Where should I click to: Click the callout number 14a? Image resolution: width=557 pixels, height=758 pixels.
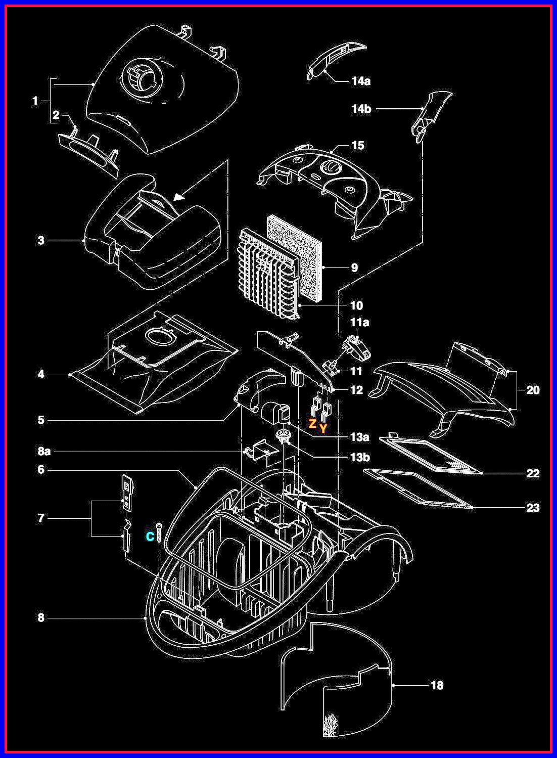click(x=361, y=81)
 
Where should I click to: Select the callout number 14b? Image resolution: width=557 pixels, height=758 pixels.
click(x=361, y=109)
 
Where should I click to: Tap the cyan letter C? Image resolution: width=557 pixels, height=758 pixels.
click(x=150, y=537)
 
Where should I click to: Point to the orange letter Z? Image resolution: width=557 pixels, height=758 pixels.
click(x=313, y=424)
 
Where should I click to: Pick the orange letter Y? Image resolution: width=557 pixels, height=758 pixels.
click(x=323, y=429)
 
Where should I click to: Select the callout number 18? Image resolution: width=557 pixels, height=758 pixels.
click(x=437, y=685)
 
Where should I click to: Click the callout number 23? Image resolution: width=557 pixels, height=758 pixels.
click(x=533, y=507)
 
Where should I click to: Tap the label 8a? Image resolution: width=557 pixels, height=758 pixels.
click(x=44, y=451)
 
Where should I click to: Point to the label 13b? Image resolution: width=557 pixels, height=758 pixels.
click(x=359, y=457)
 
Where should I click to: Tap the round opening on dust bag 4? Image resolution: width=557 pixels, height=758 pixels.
click(x=158, y=335)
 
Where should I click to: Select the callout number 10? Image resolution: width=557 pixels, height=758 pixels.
click(x=356, y=305)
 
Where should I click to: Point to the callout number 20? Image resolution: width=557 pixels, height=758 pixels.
click(x=533, y=390)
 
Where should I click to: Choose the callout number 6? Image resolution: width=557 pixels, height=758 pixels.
click(x=41, y=470)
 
